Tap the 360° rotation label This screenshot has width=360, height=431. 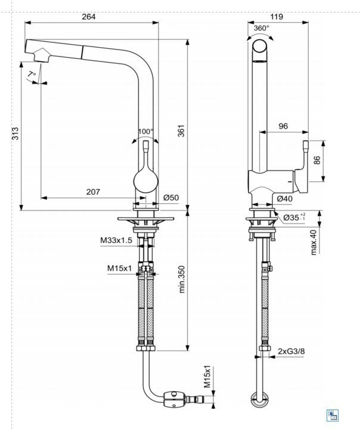coord(261,28)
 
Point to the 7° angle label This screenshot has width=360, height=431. coord(32,74)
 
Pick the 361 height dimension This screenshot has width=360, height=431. coord(181,130)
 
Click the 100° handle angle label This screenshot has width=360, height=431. coord(145,131)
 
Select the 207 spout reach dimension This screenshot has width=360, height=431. coord(92,191)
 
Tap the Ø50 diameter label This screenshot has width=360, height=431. coord(171,198)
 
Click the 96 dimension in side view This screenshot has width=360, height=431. coord(283,126)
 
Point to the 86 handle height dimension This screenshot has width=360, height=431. coord(317,160)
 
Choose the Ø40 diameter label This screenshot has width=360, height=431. coord(284,199)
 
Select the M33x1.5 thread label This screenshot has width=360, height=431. coord(116,240)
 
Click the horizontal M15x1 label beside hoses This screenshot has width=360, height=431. coord(120,268)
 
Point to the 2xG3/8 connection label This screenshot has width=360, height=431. coord(290,352)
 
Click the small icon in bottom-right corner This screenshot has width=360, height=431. coord(333,416)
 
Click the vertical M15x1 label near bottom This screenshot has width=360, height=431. coord(207,377)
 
